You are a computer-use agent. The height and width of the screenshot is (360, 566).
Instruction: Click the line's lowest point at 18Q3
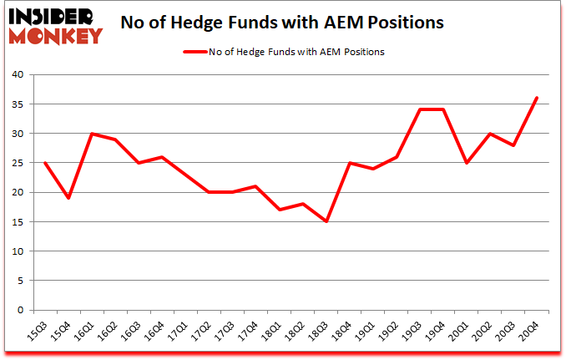point(326,221)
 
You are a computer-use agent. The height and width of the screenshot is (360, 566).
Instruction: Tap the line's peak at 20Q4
point(537,98)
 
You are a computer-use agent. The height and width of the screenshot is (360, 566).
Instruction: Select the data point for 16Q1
point(92,134)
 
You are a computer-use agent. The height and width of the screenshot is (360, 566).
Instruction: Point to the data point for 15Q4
point(68,198)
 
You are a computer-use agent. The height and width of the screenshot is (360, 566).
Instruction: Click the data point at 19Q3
point(420,109)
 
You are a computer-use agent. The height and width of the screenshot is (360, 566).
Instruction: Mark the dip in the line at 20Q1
point(467,163)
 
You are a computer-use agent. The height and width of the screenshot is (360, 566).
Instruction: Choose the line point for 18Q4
point(350,163)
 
